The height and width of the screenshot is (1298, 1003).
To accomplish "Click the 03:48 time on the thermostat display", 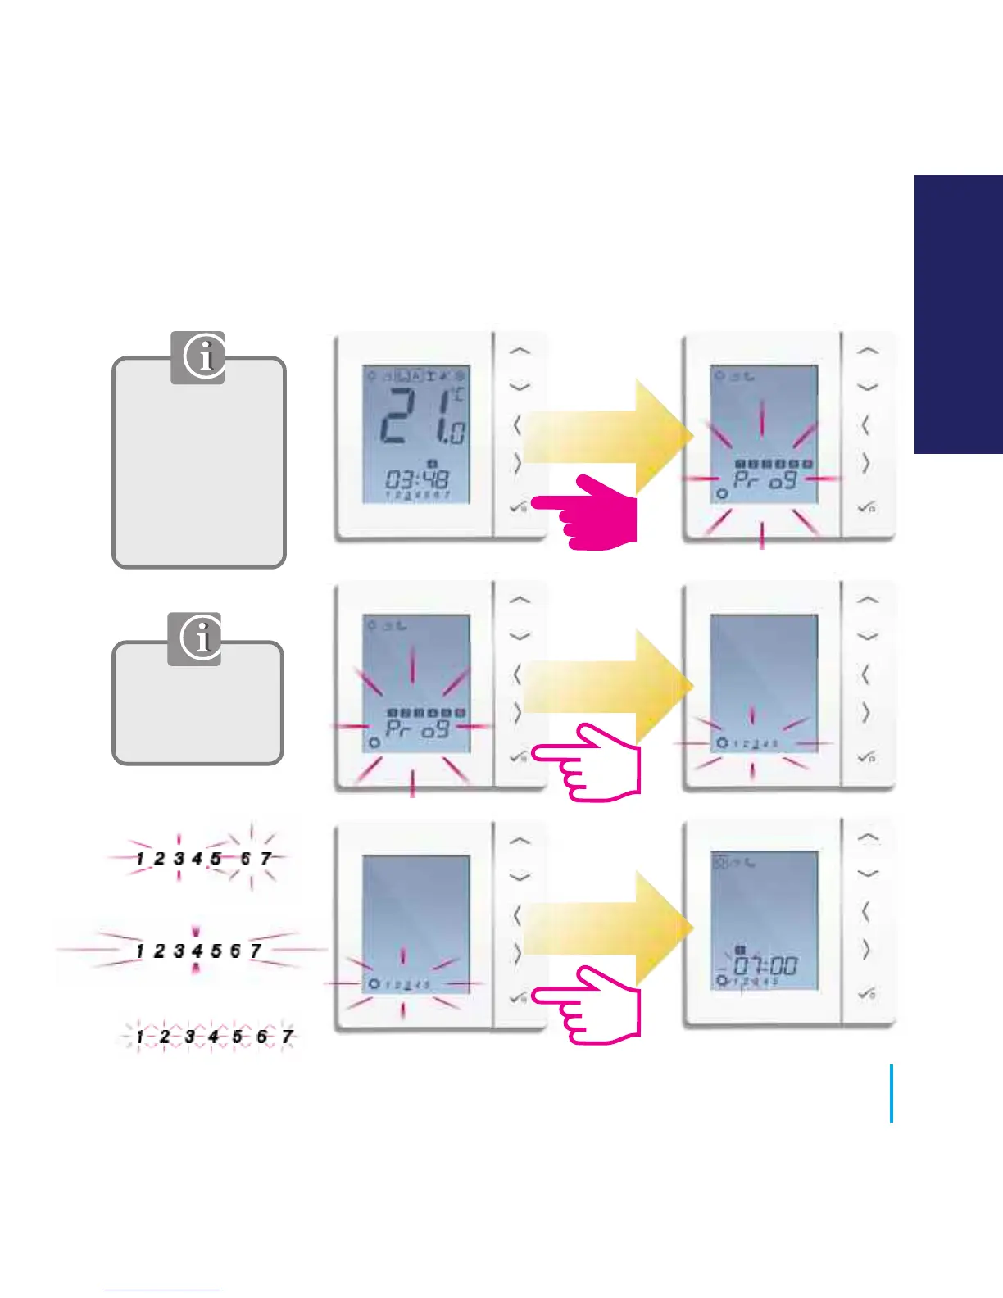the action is (x=417, y=479).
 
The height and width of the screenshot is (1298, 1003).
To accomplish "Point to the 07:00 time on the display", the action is (x=765, y=965).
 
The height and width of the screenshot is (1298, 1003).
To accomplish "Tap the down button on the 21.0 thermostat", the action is (x=520, y=386).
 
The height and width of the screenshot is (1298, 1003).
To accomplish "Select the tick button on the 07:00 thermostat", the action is (x=867, y=994).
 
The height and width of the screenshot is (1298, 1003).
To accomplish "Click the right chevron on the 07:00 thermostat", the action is (x=865, y=951).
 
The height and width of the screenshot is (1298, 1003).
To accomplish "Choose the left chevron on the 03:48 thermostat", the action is (x=517, y=425).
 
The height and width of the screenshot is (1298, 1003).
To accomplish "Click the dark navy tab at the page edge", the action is (x=959, y=313).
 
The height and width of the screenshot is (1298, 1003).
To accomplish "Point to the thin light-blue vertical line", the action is (x=891, y=1093).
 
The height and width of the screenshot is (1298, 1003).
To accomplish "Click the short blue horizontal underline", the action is (x=162, y=1291).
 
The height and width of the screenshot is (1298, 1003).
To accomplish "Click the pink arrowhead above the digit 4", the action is (x=196, y=932).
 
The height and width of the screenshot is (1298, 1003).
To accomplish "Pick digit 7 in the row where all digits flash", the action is (x=287, y=1037).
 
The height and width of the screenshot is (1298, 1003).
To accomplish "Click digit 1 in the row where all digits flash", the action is (x=140, y=1037).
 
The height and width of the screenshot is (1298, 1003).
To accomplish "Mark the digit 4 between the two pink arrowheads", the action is (x=197, y=951).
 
